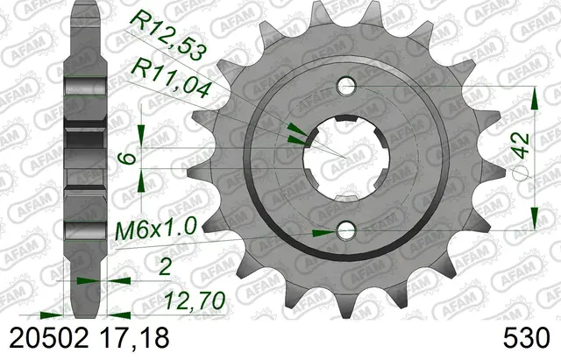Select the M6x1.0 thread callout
click(156, 229)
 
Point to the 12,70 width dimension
click(195, 301)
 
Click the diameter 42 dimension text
click(522, 145)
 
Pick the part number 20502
click(49, 338)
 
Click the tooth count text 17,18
click(133, 338)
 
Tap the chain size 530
click(526, 338)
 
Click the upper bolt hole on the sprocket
click(346, 87)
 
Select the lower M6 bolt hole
click(346, 230)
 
